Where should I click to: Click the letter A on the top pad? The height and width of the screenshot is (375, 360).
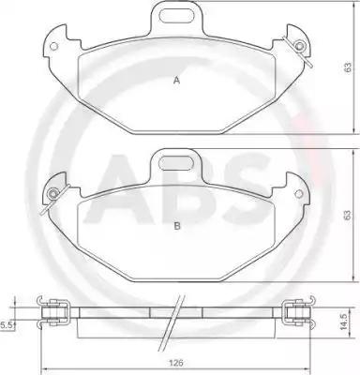[x=177, y=81]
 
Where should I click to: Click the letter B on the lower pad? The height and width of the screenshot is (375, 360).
[x=177, y=226]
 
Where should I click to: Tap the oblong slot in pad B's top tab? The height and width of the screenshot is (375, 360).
[x=175, y=163]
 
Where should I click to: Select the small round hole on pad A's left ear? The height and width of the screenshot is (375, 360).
[x=54, y=46]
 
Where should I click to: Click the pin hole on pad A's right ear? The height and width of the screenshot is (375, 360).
[x=300, y=46]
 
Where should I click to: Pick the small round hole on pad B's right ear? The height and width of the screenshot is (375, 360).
[x=299, y=194]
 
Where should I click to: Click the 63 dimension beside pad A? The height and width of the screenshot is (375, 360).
[x=348, y=67]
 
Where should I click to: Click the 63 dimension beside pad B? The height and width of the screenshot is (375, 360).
[x=348, y=216]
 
